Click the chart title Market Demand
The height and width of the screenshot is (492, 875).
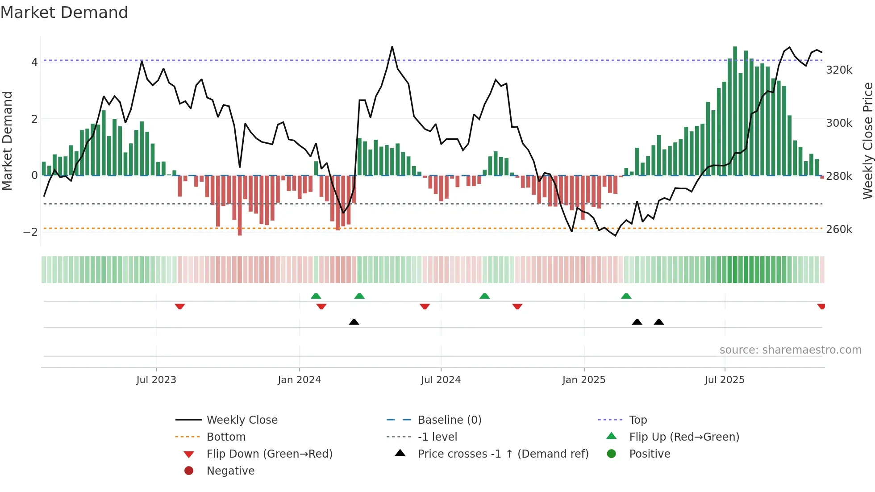(x=64, y=13)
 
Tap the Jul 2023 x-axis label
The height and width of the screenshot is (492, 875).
(x=156, y=379)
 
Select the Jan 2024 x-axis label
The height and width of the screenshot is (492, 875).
(x=299, y=379)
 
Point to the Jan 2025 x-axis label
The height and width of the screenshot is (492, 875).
(x=583, y=379)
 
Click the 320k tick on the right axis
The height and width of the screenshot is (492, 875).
(x=839, y=70)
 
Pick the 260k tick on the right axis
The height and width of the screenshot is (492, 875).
(x=839, y=229)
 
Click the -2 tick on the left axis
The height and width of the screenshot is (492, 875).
(x=30, y=232)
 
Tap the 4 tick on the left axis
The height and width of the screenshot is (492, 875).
(x=34, y=62)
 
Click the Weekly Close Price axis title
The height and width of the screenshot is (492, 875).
(x=867, y=141)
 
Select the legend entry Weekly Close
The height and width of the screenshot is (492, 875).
(x=242, y=420)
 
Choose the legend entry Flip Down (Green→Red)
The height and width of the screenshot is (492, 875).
(x=269, y=454)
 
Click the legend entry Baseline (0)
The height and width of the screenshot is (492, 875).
(x=449, y=420)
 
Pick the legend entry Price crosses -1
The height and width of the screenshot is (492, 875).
(x=503, y=454)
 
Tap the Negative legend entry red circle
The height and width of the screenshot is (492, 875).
(x=189, y=471)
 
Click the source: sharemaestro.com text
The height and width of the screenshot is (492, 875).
(x=790, y=350)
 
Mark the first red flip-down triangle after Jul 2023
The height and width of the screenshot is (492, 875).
(x=180, y=306)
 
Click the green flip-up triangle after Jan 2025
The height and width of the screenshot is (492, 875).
(x=626, y=296)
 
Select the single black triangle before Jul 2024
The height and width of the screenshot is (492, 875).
(x=354, y=322)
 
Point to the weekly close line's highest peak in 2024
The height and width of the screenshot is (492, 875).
(x=392, y=47)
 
